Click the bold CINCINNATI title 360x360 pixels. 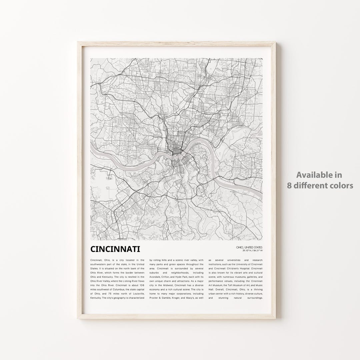click(x=115, y=249)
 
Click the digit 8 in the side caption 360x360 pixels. click(x=289, y=185)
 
